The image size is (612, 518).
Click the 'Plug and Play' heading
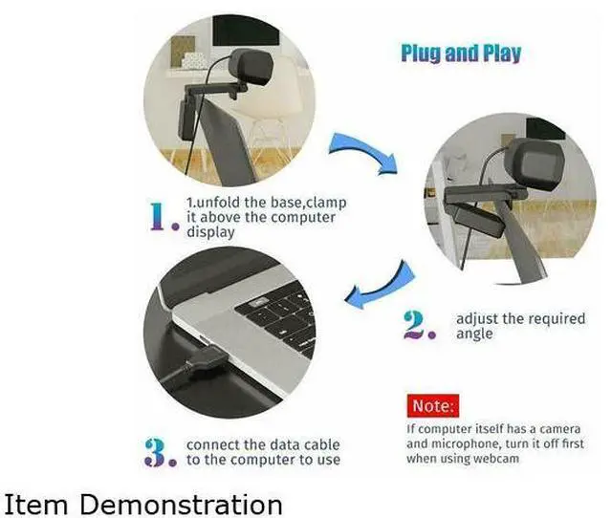461,54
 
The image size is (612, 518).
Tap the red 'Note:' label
433,405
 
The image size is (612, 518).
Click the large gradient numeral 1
160,217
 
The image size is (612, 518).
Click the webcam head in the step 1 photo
251,68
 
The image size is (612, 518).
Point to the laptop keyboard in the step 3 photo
278,319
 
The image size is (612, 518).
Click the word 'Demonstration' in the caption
181,505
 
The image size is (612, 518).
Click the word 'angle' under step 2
474,335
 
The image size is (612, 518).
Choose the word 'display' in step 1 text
210,232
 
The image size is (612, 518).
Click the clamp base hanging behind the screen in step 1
186,120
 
